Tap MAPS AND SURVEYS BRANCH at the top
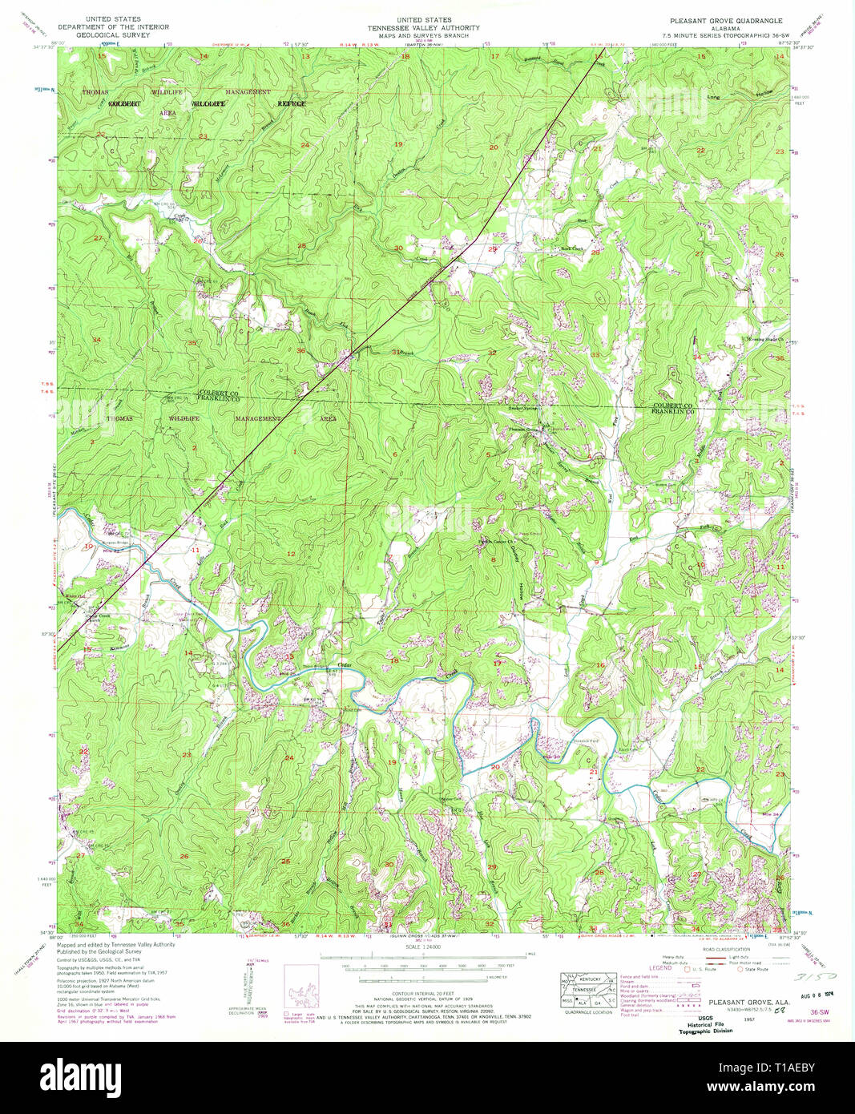point(423,35)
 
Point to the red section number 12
point(291,554)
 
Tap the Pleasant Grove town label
point(522,430)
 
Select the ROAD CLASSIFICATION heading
point(726,949)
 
